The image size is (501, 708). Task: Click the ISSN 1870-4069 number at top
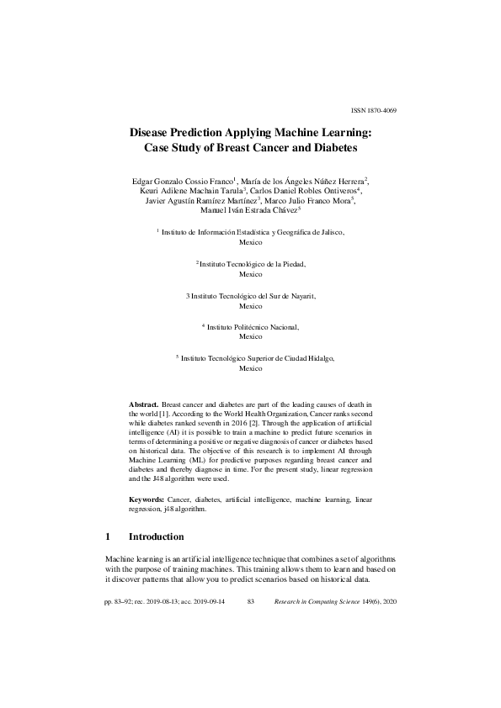(x=372, y=111)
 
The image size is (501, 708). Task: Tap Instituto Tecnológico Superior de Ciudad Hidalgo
(x=257, y=358)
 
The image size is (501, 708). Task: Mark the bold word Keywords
(x=147, y=499)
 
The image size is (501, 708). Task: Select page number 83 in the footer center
(x=250, y=602)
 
